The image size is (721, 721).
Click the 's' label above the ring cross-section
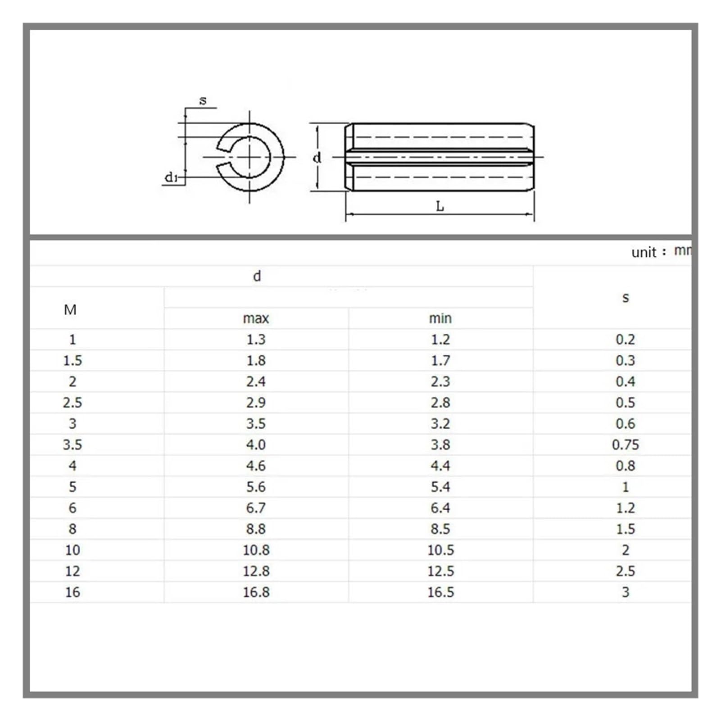pyautogui.click(x=203, y=101)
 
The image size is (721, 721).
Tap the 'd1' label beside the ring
pyautogui.click(x=171, y=177)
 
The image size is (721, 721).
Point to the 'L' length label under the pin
pyautogui.click(x=440, y=206)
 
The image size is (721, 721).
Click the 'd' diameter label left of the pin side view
pyautogui.click(x=317, y=157)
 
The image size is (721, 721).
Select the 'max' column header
pyautogui.click(x=256, y=318)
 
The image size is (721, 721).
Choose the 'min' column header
pyautogui.click(x=440, y=318)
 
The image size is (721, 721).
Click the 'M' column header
pyautogui.click(x=70, y=310)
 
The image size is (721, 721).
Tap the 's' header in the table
pyautogui.click(x=625, y=298)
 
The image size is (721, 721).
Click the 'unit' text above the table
pyautogui.click(x=644, y=252)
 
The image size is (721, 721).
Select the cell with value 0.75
pyautogui.click(x=625, y=445)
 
